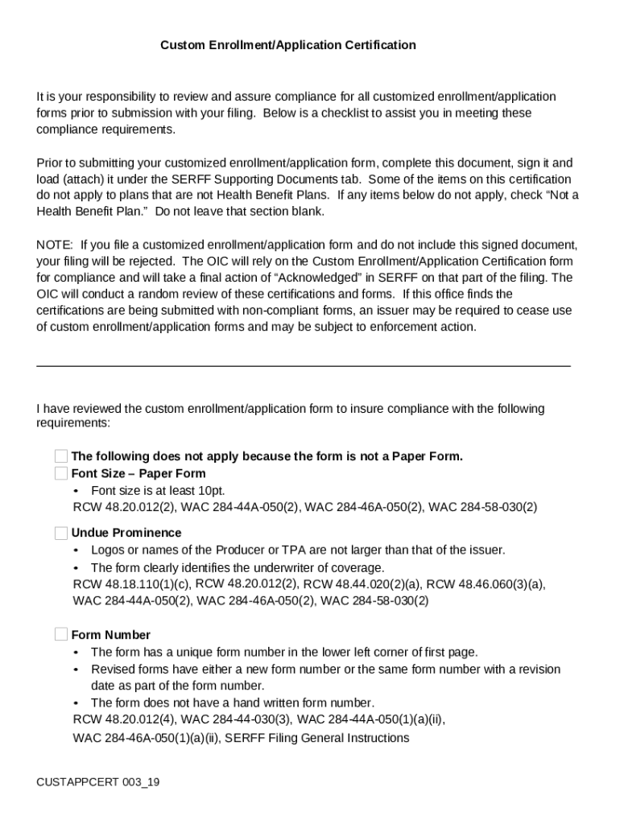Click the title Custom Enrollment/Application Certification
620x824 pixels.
287,45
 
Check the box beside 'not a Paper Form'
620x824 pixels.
61,457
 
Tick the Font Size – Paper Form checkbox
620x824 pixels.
61,473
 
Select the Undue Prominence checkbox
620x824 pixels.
61,533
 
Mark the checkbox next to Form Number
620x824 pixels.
61,634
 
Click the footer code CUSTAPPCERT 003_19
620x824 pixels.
97,781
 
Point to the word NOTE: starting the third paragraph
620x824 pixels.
55,244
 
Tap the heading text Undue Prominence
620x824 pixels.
126,533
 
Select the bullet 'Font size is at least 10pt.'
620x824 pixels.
158,490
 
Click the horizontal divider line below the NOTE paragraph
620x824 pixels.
304,366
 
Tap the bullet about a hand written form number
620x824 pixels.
232,702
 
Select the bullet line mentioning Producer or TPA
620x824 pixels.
298,550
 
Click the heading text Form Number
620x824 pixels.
111,635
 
